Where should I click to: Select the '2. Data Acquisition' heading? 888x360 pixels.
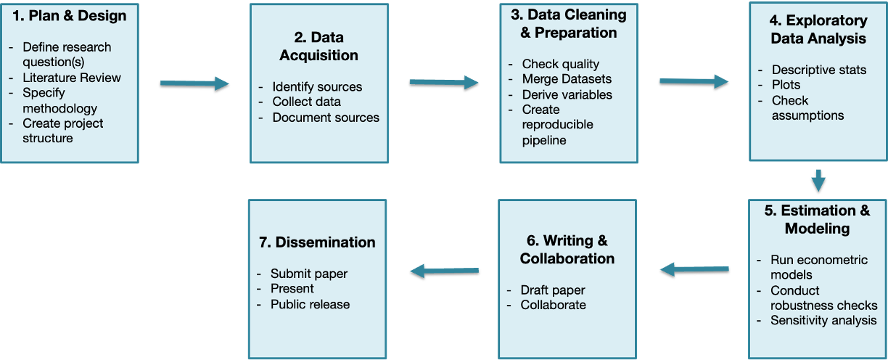pyautogui.click(x=318, y=46)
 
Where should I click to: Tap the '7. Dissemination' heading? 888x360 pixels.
pyautogui.click(x=317, y=242)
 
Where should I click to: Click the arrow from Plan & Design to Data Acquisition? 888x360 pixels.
pyautogui.click(x=194, y=84)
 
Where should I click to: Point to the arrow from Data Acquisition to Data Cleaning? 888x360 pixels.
pyautogui.click(x=443, y=83)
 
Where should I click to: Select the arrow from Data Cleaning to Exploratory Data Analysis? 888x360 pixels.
pyautogui.click(x=694, y=81)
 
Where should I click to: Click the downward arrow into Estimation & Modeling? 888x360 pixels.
pyautogui.click(x=818, y=179)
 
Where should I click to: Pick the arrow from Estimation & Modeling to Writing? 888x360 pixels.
pyautogui.click(x=694, y=269)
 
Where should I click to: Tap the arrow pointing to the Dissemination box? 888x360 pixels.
pyautogui.click(x=444, y=271)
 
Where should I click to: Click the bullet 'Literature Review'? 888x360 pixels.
pyautogui.click(x=72, y=78)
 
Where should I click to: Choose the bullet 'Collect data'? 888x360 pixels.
pyautogui.click(x=306, y=102)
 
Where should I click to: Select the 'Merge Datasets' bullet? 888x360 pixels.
pyautogui.click(x=567, y=78)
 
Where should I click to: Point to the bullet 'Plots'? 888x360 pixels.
pyautogui.click(x=786, y=85)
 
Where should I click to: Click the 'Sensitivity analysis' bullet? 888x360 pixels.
pyautogui.click(x=823, y=320)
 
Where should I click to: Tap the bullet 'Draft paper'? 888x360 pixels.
pyautogui.click(x=553, y=290)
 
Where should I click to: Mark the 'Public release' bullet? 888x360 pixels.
pyautogui.click(x=310, y=304)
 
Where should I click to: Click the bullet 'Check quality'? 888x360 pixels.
pyautogui.click(x=561, y=64)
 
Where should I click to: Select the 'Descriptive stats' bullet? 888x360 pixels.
pyautogui.click(x=819, y=70)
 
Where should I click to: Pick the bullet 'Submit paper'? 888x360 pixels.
pyautogui.click(x=309, y=274)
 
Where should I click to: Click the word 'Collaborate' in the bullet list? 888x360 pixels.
pyautogui.click(x=553, y=305)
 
